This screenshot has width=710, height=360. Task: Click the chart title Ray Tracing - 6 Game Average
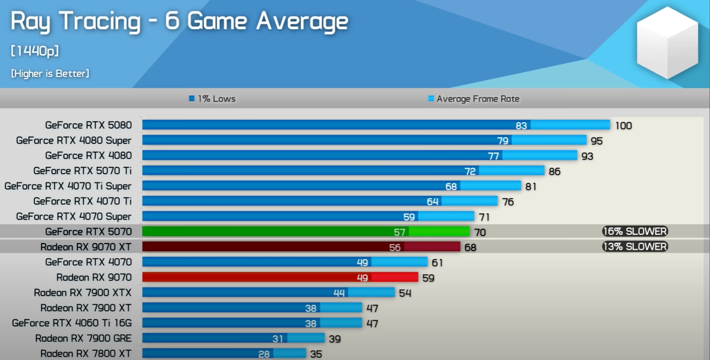coord(179,22)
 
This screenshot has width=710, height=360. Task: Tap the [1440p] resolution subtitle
coord(35,51)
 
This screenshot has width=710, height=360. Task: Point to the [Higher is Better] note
coord(50,74)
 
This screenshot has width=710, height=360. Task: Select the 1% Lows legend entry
coord(212,99)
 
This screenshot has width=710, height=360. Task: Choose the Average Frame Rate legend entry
coord(474,99)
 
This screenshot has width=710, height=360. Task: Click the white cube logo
coord(667,43)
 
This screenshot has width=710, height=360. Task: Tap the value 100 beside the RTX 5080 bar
coord(623,126)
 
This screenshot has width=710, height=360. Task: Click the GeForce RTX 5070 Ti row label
coord(82,171)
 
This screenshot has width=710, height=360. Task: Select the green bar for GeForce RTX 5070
coord(305,232)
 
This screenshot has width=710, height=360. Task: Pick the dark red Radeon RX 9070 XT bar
coord(301,247)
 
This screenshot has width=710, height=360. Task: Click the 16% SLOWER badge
coord(635,231)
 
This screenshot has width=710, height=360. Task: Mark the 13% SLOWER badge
coord(635,246)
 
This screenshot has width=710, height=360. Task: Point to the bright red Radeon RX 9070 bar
coord(279,277)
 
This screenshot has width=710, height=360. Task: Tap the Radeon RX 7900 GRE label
coord(83,338)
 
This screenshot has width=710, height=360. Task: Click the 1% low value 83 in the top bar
coord(521,126)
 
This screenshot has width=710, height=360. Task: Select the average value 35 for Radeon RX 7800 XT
coord(315,354)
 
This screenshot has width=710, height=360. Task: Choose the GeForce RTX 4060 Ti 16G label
coord(72,323)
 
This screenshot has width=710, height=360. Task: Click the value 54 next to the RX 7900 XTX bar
coord(405,293)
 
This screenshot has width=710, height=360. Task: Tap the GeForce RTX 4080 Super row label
coord(74,140)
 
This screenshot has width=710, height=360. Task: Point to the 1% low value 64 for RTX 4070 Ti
coord(432,201)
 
